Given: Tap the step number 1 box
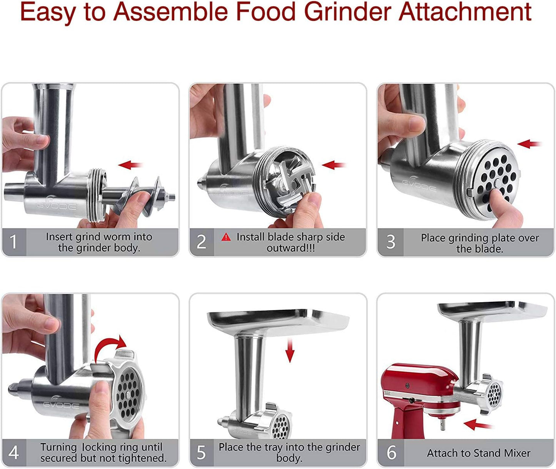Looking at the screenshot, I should tap(14, 242).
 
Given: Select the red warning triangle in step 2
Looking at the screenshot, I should tap(226, 237).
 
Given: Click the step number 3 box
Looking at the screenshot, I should tap(391, 242).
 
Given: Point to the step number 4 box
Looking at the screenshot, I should tap(14, 452).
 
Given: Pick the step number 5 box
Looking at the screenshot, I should tap(201, 452).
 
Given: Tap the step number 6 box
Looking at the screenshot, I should tap(391, 452).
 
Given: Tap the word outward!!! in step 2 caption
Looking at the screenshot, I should tap(291, 248).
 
